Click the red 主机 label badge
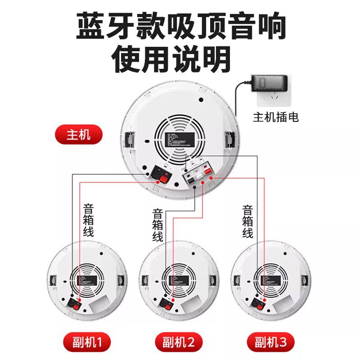coord(78,135)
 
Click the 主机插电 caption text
coord(276,118)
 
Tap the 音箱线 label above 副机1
coord(88,220)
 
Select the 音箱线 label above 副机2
coord(157,225)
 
